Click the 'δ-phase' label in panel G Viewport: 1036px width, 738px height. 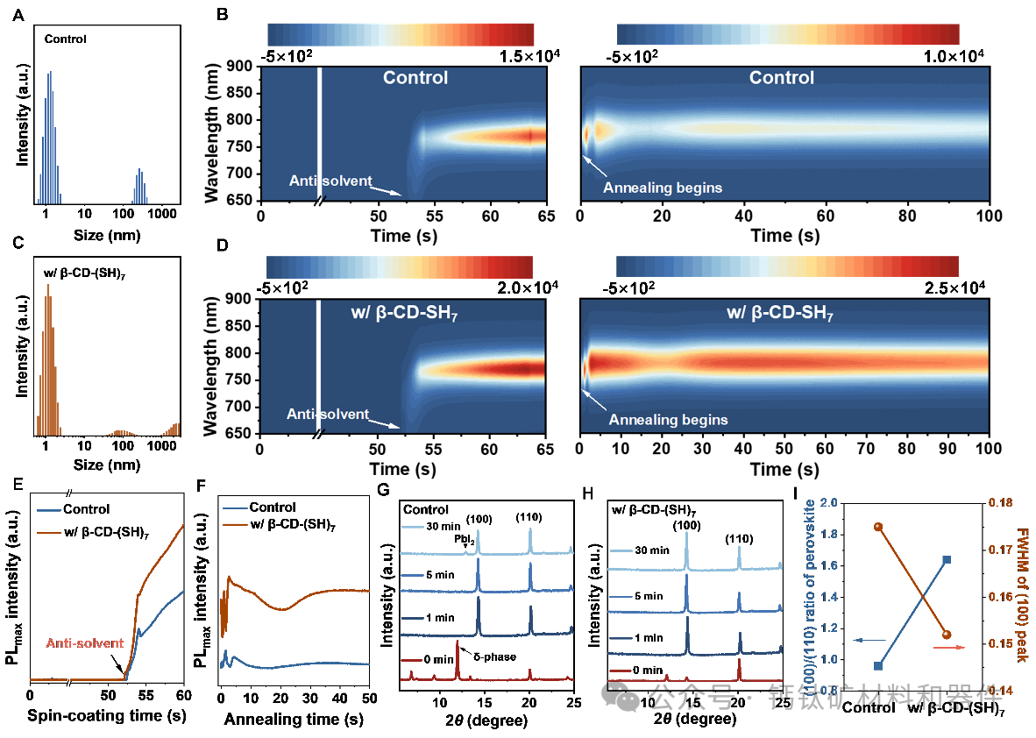pyautogui.click(x=495, y=656)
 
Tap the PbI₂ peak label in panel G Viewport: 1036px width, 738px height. pyautogui.click(x=465, y=542)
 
